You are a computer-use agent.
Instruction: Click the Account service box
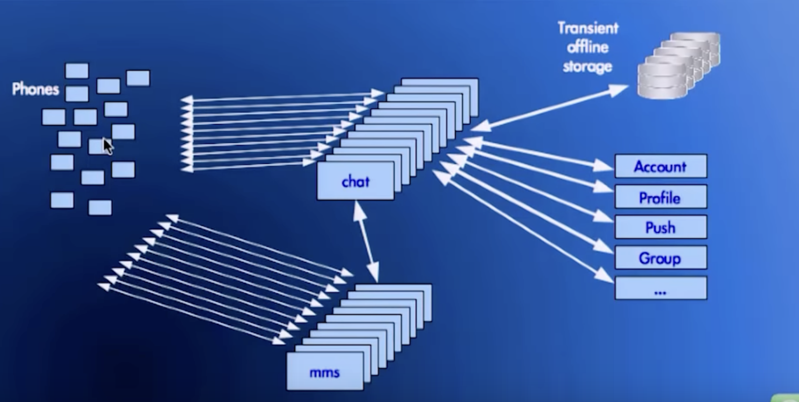660,166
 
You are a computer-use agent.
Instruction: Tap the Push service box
660,227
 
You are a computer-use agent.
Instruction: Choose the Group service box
660,258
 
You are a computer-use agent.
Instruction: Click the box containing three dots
660,288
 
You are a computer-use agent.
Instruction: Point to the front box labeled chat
355,181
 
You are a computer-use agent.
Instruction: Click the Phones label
35,89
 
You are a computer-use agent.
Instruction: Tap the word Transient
588,28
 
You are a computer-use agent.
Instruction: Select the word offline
587,47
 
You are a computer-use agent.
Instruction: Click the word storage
587,66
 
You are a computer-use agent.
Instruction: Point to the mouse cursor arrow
107,146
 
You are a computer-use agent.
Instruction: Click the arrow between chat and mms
366,242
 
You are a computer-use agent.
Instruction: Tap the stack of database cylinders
678,65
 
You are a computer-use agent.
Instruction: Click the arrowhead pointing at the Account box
606,166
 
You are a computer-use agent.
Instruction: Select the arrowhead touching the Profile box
606,189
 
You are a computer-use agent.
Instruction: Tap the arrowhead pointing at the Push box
606,218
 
